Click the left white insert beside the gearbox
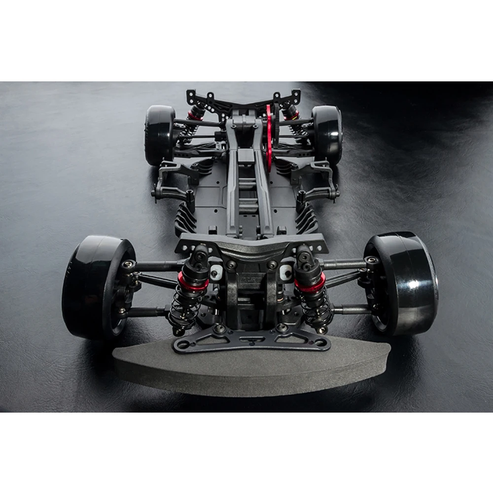[216, 271]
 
